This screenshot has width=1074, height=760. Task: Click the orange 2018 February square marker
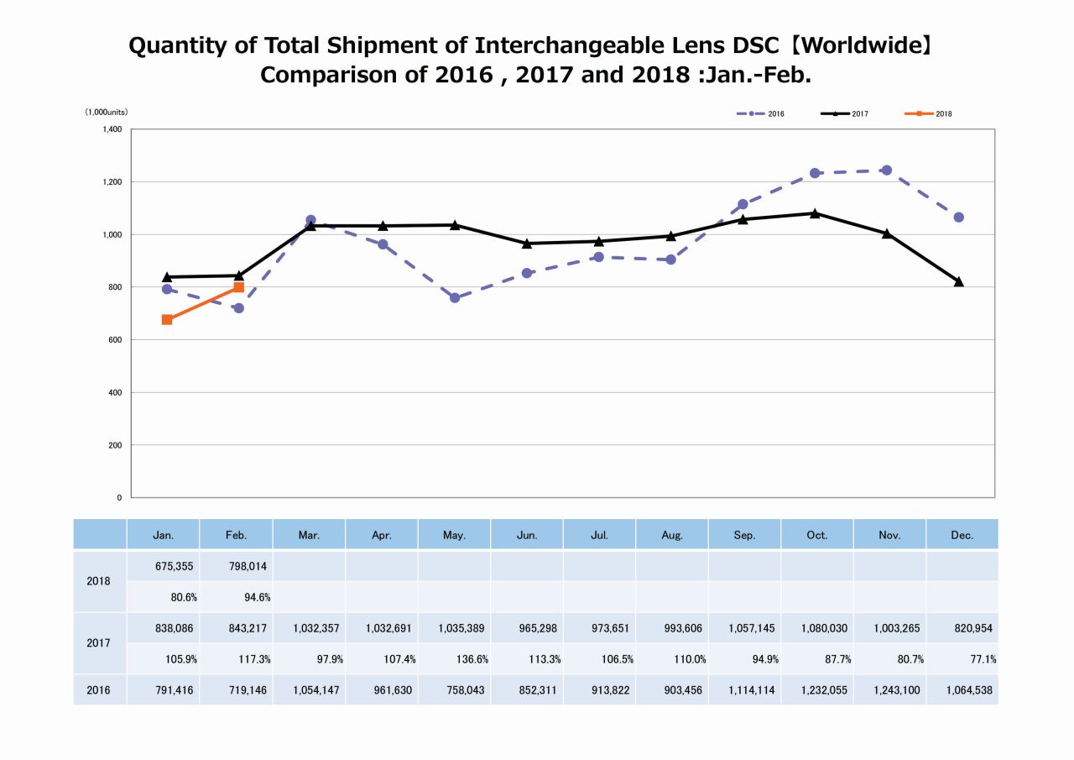click(x=239, y=287)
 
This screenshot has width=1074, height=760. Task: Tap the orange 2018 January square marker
click(x=167, y=320)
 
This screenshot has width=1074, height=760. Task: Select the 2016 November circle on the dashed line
click(x=886, y=170)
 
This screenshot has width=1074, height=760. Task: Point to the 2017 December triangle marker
click(x=958, y=281)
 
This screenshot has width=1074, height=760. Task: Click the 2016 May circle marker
click(x=455, y=298)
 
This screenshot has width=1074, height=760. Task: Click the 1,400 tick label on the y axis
click(x=112, y=129)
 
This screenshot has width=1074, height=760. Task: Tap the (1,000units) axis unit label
click(x=106, y=113)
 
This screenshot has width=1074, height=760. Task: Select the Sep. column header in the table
click(x=744, y=535)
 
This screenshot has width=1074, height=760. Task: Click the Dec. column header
click(x=962, y=535)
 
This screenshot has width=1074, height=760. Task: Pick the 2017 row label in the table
click(x=99, y=643)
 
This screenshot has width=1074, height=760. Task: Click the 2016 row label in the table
click(x=99, y=690)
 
